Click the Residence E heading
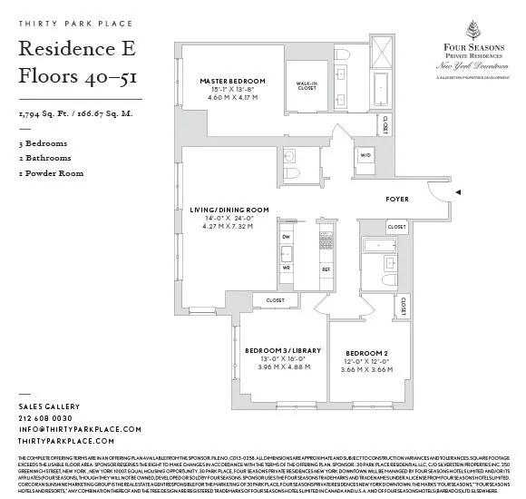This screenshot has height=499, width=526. pos(73,49)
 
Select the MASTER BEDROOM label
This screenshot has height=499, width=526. pos(232,81)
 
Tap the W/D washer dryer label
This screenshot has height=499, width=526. pos(365,155)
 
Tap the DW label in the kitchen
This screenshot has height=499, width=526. pos(286,236)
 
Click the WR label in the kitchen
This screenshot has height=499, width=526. pos(286,268)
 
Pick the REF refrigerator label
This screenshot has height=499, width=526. pos(326,269)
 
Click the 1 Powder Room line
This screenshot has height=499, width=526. pos(51,173)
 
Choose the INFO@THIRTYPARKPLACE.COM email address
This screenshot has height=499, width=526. pos(80,429)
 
